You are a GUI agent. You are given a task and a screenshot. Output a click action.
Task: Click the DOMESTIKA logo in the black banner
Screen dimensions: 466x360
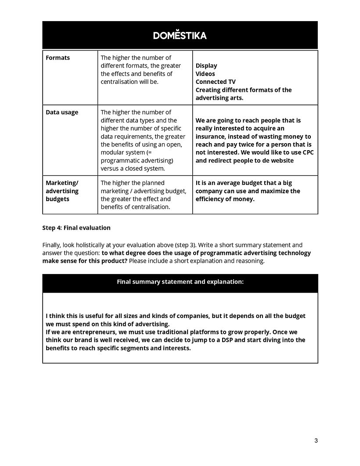coord(180,36)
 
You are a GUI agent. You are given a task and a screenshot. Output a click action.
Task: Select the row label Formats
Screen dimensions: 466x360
coord(58,58)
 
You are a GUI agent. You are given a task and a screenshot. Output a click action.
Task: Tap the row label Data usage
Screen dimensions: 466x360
coord(62,112)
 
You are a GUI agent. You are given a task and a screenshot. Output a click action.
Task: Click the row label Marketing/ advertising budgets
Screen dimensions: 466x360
coord(62,191)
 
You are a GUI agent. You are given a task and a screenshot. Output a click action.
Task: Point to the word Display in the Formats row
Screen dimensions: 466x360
coord(206,65)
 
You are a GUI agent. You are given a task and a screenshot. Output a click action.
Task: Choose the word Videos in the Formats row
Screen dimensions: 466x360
coord(205,74)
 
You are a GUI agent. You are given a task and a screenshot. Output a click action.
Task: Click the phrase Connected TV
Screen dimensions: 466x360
coord(216,82)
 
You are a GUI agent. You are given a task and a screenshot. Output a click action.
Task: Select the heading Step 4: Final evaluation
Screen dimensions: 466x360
coord(76,228)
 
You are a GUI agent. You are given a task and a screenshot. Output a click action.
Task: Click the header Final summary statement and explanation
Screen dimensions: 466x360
coord(180,282)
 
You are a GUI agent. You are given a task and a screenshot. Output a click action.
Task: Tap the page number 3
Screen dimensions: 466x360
coord(316,441)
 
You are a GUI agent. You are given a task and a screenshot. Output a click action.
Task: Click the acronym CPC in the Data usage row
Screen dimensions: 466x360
coord(308,152)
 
